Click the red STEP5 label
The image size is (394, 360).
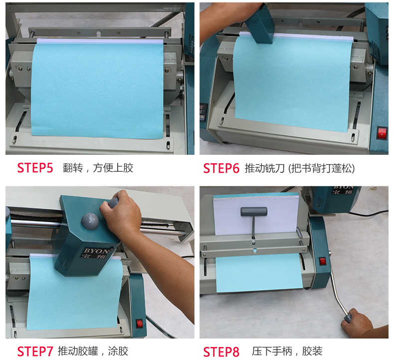pos(35,168)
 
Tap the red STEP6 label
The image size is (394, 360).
pos(221,168)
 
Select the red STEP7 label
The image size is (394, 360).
pos(35,352)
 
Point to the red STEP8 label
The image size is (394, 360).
pos(221,352)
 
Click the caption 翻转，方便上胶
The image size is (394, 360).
pos(98,168)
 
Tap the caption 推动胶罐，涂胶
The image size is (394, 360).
pos(93,351)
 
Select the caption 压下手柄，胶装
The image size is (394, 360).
pos(287,351)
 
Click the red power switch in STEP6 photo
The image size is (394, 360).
pos(382,133)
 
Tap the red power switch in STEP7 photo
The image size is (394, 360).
pos(140,324)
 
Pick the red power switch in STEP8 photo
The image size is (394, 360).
pos(322,261)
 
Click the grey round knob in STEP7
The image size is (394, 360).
pos(90,221)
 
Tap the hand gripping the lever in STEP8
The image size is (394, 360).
pos(357,323)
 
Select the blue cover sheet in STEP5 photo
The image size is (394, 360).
pos(97,90)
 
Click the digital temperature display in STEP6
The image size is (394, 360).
pos(203,112)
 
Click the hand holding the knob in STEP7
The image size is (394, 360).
pos(121,211)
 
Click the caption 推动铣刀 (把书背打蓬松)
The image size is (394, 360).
pos(300,168)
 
